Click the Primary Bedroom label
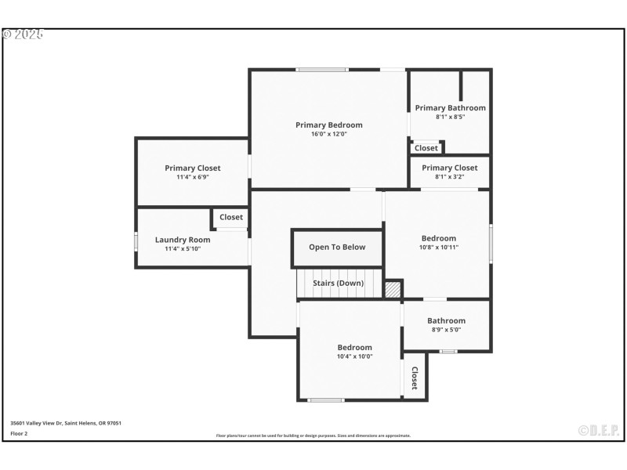tap(328, 125)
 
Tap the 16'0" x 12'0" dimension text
tap(328, 134)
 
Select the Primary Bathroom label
tap(450, 108)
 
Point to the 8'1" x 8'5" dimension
tap(450, 117)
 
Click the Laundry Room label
tap(183, 240)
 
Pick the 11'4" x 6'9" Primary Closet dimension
tap(192, 177)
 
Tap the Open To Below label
tap(337, 247)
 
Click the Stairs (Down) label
tap(338, 283)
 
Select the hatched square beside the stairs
tap(393, 289)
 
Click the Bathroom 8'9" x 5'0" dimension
tap(446, 330)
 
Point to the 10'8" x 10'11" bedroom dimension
tap(438, 248)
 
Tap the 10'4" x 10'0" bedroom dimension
tap(354, 356)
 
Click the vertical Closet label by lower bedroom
tap(415, 378)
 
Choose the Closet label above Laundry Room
tap(231, 217)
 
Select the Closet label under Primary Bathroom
tap(426, 148)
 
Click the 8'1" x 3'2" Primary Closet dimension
tap(449, 177)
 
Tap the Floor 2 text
tap(19, 432)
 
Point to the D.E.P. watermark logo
tap(599, 430)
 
